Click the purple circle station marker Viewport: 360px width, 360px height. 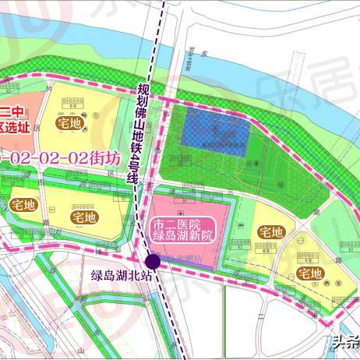[152, 261]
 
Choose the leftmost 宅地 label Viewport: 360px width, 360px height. [23, 205]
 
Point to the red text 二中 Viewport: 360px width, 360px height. [9, 111]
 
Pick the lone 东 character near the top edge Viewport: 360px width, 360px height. [228, 54]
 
